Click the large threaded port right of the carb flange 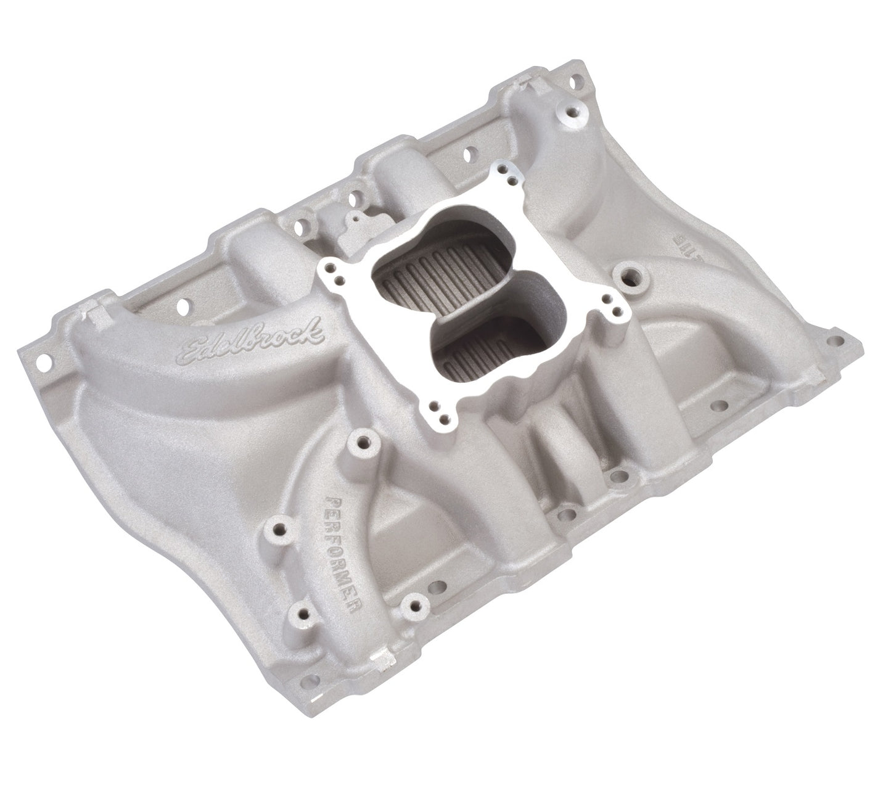(x=631, y=275)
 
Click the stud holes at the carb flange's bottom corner (x=437, y=408)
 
